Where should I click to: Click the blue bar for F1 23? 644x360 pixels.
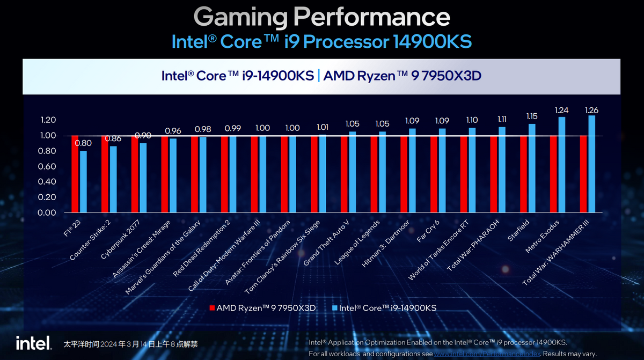83,181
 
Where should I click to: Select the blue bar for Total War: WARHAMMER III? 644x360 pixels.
592,164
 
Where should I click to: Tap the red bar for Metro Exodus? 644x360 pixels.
554,174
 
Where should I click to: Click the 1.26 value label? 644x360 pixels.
592,110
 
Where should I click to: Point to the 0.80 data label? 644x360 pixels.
83,143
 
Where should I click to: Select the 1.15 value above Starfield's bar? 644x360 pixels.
532,116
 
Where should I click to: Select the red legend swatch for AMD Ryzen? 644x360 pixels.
212,308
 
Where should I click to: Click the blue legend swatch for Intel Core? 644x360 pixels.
334,308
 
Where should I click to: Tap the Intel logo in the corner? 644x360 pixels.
33,343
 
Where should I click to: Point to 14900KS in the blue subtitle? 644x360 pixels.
431,41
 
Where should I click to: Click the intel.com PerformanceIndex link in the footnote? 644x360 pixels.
487,354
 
